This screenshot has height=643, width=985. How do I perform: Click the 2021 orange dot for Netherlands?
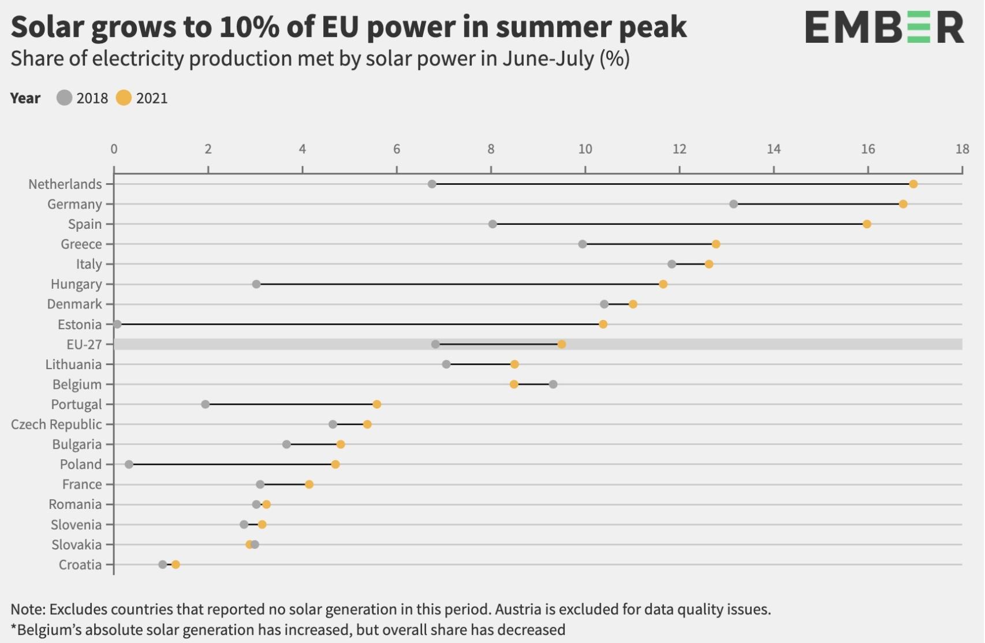(913, 184)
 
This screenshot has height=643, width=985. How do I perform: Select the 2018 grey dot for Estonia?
(117, 324)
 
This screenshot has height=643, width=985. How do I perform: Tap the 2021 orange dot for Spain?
(866, 224)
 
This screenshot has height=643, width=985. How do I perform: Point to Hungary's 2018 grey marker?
(256, 284)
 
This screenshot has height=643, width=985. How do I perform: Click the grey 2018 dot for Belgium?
(553, 384)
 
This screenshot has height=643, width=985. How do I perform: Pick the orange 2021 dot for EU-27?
(561, 344)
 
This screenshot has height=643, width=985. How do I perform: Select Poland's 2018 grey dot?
(129, 464)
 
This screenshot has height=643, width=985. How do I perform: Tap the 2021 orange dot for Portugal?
(376, 404)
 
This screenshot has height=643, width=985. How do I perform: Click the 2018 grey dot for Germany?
(733, 204)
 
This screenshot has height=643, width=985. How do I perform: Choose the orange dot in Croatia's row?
(176, 564)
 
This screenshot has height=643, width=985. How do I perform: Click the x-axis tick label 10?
(585, 149)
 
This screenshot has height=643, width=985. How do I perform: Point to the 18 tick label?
(962, 149)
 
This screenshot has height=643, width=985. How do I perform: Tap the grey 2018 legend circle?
(65, 98)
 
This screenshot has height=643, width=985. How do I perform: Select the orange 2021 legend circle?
(124, 98)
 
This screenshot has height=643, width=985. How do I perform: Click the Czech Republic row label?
(56, 425)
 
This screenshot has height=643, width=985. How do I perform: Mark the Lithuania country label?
(73, 365)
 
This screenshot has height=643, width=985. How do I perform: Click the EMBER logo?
(884, 28)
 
